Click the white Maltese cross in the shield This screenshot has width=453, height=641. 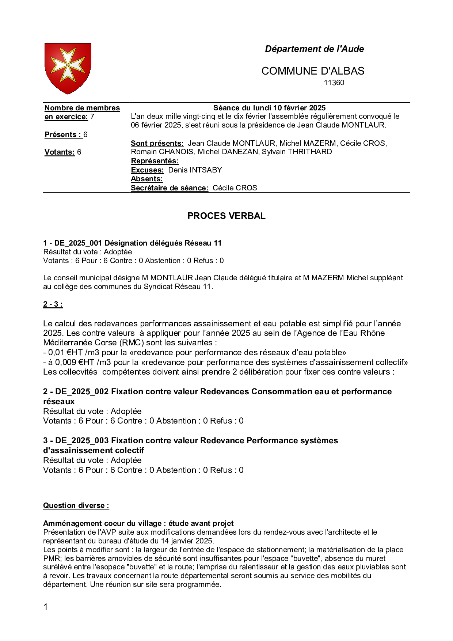click(x=68, y=65)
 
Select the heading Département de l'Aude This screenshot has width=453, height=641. click(x=314, y=49)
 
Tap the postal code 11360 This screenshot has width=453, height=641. click(x=334, y=83)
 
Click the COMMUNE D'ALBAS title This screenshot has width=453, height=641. click(x=313, y=71)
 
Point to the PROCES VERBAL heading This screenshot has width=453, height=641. click(x=226, y=216)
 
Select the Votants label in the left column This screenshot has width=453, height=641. click(x=60, y=152)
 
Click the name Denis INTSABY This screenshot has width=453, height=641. click(x=195, y=170)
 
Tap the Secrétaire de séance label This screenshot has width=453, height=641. click(x=170, y=188)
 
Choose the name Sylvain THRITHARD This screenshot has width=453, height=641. click(x=297, y=152)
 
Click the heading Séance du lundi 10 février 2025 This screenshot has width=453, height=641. click(x=269, y=108)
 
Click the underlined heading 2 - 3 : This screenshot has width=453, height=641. click(x=53, y=304)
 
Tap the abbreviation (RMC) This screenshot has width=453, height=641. click(x=130, y=343)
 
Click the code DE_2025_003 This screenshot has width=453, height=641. click(x=82, y=441)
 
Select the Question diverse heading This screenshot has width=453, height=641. click(x=76, y=505)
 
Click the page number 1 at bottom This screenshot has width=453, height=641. click(x=46, y=607)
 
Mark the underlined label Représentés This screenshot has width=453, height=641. click(x=155, y=161)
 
